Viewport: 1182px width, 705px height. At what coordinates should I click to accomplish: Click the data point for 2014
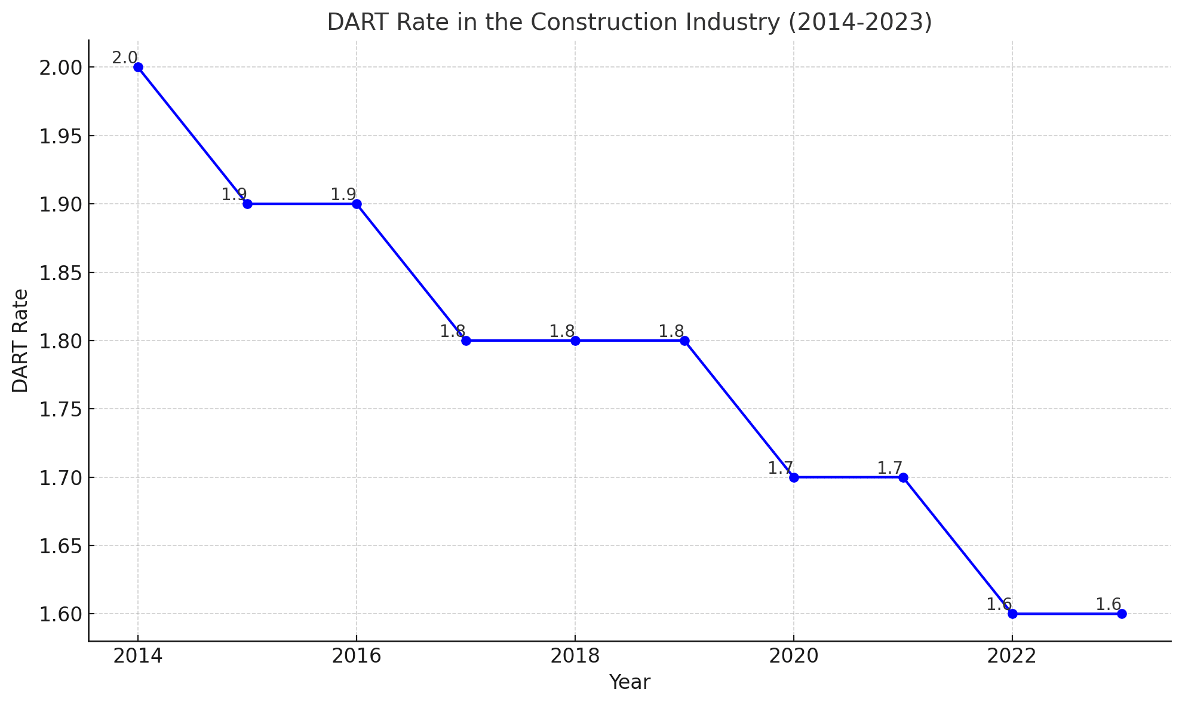[x=138, y=67]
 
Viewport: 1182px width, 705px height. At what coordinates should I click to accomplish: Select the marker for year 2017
[x=466, y=341]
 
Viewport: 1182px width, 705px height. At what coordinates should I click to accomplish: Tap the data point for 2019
[x=684, y=341]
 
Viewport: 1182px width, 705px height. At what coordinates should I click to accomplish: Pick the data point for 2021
[x=903, y=477]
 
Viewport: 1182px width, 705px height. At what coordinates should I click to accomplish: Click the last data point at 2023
[x=1122, y=614]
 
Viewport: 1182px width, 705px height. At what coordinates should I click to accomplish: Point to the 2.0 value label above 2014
[x=124, y=58]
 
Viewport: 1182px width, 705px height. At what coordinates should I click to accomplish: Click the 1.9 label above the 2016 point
[x=343, y=194]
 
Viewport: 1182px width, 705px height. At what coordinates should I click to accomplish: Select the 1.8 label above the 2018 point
[x=562, y=331]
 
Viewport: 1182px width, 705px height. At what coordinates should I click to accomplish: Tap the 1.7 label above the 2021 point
[x=890, y=468]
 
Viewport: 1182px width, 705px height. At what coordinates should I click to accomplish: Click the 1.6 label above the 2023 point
[x=1109, y=604]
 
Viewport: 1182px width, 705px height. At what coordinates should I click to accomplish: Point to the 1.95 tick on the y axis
[x=60, y=136]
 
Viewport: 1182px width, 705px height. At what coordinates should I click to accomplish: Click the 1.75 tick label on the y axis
[x=60, y=409]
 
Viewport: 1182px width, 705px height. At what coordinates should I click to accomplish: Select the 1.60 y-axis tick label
[x=60, y=614]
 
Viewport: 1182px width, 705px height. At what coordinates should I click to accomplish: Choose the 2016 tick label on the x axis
[x=357, y=656]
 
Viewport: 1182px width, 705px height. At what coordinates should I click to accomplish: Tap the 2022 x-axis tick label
[x=1012, y=656]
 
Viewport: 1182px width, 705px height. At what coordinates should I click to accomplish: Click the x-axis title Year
[x=630, y=682]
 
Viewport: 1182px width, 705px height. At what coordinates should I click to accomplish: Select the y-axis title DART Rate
[x=20, y=341]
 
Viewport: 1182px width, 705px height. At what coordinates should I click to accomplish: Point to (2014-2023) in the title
[x=859, y=22]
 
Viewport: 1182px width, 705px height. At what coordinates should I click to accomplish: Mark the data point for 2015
[x=247, y=204]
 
